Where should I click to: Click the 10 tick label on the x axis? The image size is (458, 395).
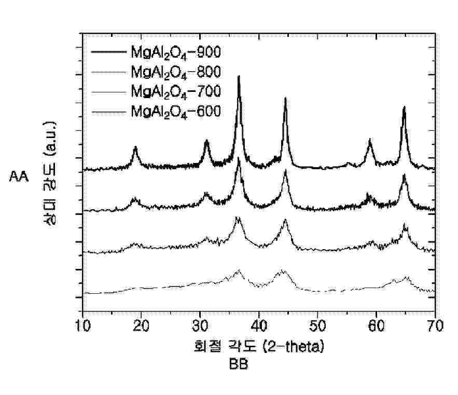pos(83,326)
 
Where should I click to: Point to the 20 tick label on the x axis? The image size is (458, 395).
pos(142,326)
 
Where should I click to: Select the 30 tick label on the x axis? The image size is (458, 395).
pos(200,326)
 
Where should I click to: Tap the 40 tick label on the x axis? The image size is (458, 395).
pos(259,326)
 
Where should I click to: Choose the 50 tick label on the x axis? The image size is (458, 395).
pos(317,326)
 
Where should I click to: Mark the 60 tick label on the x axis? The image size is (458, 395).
pos(376,326)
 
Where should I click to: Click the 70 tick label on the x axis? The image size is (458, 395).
pos(435,326)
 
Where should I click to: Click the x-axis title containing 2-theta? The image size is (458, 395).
pos(258,346)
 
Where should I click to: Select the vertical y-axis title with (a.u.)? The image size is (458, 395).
pos(50,174)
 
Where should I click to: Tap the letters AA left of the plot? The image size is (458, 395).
pos(20,177)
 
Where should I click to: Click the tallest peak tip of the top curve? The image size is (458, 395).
pos(239,76)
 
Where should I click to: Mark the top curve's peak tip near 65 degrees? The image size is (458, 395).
pos(404,107)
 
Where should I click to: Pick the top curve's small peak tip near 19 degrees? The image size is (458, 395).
pos(135,147)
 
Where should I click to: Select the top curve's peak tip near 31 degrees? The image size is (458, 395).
pos(207,141)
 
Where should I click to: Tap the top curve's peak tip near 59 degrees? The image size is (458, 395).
pos(370,140)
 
